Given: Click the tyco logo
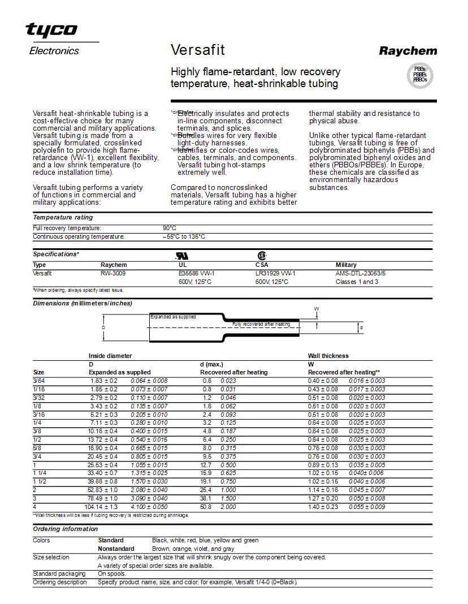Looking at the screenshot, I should (x=51, y=29).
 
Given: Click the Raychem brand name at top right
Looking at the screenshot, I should (x=408, y=51).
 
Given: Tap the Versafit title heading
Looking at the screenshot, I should (x=197, y=50).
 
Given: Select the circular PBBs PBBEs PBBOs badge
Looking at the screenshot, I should (x=419, y=75).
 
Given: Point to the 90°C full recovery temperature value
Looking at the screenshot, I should (x=170, y=228).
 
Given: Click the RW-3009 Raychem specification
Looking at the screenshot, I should (x=113, y=273).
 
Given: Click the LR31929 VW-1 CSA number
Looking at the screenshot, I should (x=275, y=273).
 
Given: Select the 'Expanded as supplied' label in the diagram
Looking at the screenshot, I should (x=173, y=317).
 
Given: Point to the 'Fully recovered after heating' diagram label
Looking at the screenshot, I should (x=261, y=324).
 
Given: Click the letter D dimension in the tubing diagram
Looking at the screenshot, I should (x=103, y=327).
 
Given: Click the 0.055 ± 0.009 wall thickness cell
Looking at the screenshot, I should (x=366, y=507).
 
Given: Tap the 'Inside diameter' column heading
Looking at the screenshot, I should (x=110, y=356).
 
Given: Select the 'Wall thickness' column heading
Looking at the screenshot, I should (x=328, y=356).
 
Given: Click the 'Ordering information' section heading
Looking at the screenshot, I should (x=65, y=529).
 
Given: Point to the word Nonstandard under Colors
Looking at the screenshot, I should (x=116, y=549).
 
